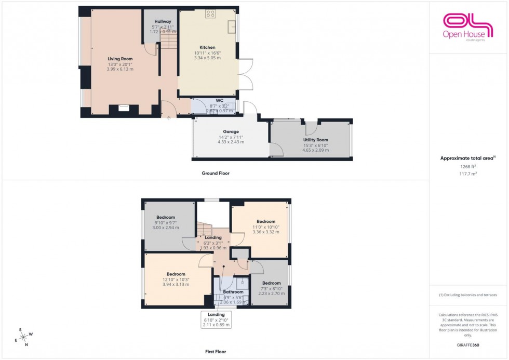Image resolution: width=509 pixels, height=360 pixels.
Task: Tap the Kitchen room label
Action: click(207, 47)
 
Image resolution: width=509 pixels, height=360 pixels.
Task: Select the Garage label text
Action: click(231, 131)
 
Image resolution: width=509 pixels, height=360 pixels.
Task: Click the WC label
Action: click(219, 100)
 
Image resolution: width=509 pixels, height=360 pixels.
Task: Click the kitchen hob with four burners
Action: click(210, 15)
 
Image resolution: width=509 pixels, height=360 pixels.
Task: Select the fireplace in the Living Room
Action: click(124, 108)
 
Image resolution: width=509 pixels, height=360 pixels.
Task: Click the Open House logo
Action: click(466, 26)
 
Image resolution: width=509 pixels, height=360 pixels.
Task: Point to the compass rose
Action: click(23, 336)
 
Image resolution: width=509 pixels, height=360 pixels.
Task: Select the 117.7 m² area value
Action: click(468, 174)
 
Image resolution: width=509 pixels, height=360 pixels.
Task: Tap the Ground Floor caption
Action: click(216, 173)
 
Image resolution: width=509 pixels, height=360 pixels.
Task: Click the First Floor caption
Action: click(215, 352)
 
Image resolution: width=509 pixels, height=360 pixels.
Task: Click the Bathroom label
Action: click(233, 292)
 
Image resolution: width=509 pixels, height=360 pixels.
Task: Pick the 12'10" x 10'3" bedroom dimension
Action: click(176, 279)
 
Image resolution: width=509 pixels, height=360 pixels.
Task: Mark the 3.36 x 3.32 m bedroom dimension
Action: click(265, 232)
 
